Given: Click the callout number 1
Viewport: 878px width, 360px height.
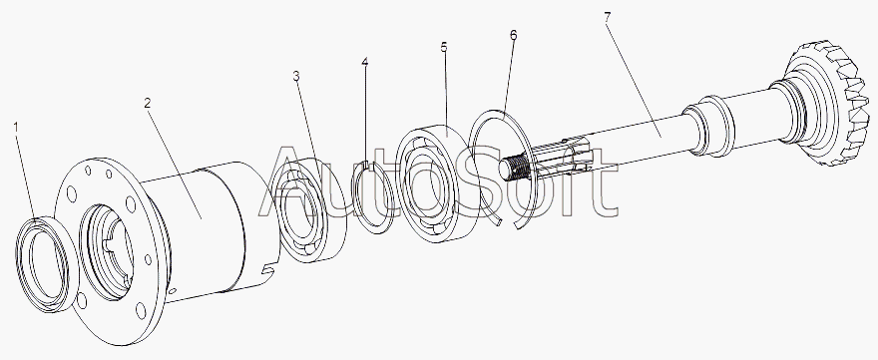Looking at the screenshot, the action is [16, 129].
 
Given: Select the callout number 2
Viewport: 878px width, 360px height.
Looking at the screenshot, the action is [148, 103].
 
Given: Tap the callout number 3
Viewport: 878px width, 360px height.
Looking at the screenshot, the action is [296, 76].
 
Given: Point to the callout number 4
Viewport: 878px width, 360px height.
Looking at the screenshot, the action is [365, 61].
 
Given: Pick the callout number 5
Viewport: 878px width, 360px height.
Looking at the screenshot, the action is [444, 47].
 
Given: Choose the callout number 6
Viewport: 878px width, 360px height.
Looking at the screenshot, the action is [514, 35].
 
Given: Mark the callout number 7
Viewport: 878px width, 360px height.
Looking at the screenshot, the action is [608, 17].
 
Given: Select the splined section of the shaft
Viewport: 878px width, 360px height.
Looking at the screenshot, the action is [560, 160].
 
